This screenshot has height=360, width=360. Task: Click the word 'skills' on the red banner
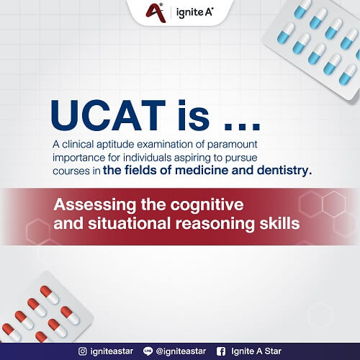pos(279,224)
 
